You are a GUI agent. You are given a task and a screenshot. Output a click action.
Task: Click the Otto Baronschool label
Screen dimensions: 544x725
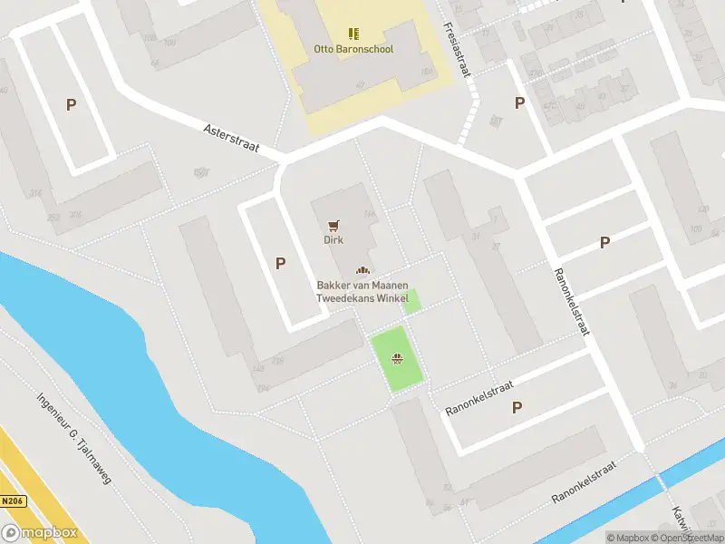click(x=353, y=49)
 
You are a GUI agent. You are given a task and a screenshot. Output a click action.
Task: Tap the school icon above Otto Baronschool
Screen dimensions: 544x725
click(x=353, y=34)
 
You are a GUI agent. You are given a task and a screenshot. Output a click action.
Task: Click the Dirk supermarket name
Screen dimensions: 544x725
click(x=333, y=240)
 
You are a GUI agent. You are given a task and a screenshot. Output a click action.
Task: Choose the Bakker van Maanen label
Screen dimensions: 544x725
click(x=362, y=286)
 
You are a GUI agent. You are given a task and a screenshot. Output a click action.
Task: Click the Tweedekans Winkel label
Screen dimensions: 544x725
click(x=362, y=298)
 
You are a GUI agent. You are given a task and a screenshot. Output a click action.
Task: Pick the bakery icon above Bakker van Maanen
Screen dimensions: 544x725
click(x=362, y=270)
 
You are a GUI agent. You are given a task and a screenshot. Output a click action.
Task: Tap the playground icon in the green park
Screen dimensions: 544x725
click(x=396, y=360)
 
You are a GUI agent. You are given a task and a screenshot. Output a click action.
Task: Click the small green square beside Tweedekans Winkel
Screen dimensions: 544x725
click(x=411, y=302)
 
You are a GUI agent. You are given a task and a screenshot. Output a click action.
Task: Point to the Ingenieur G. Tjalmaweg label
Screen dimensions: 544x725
click(x=73, y=438)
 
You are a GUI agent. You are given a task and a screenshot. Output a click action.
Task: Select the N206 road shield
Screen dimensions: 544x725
click(x=11, y=500)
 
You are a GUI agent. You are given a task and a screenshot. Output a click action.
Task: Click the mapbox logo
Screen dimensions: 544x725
click(x=39, y=533)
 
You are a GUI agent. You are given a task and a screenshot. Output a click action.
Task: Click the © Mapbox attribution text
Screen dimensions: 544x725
click(x=628, y=538)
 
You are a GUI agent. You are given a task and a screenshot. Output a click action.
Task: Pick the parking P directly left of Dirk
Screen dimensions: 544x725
click(x=281, y=263)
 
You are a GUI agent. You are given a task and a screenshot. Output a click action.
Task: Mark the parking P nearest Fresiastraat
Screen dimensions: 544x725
click(x=519, y=102)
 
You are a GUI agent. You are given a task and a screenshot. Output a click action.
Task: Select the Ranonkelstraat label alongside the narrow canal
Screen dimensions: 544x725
click(x=584, y=483)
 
